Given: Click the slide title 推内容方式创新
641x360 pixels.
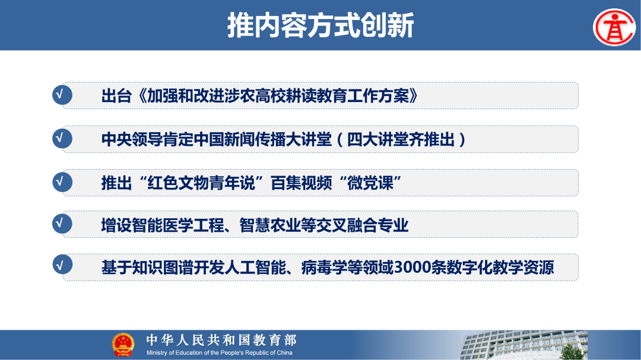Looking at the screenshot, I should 320,26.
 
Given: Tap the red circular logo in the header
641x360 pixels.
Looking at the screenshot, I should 614,27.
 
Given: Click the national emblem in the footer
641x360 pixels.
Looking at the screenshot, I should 123,345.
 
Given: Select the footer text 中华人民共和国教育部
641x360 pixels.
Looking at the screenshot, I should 221,340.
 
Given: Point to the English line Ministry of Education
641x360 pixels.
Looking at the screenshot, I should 220,352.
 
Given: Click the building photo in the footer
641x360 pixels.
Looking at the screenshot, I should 534,345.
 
